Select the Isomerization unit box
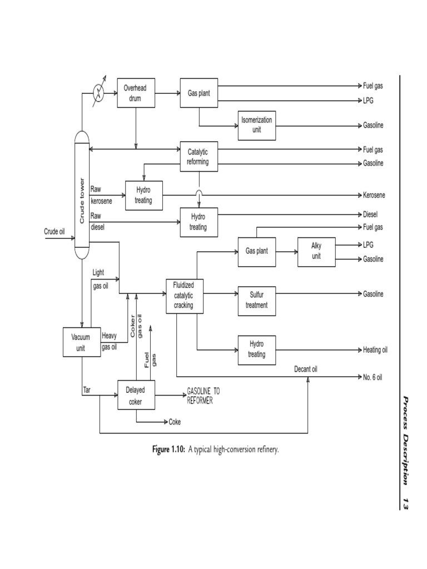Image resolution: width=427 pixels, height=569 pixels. [256, 125]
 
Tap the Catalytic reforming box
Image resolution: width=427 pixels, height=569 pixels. [198, 156]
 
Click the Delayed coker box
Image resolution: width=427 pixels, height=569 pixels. [135, 395]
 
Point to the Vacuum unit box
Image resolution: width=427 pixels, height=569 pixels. [81, 342]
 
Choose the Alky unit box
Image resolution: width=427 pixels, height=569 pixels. [316, 251]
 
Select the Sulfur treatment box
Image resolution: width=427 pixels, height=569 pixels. [256, 300]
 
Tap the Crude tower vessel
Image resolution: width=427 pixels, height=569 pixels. [82, 194]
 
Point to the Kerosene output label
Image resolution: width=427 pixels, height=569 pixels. [374, 195]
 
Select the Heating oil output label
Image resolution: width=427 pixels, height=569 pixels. [375, 350]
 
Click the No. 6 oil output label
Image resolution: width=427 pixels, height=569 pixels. [373, 377]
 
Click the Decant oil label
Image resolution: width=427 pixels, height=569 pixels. [306, 368]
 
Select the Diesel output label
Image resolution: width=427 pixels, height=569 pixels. [371, 214]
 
